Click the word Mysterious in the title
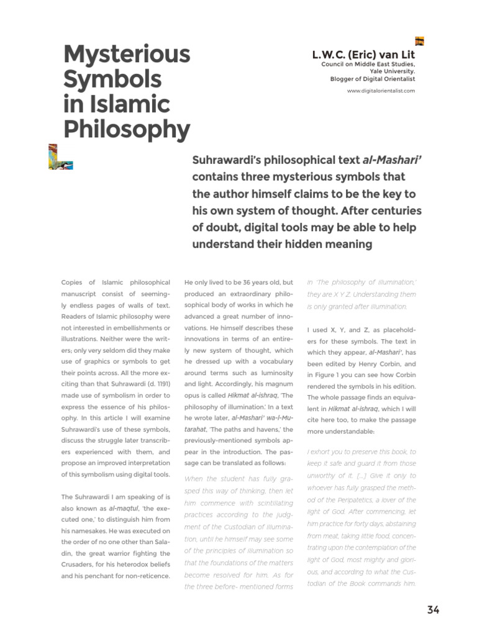click(127, 55)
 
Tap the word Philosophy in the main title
click(127, 129)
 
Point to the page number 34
click(433, 609)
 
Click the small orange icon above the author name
click(420, 42)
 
